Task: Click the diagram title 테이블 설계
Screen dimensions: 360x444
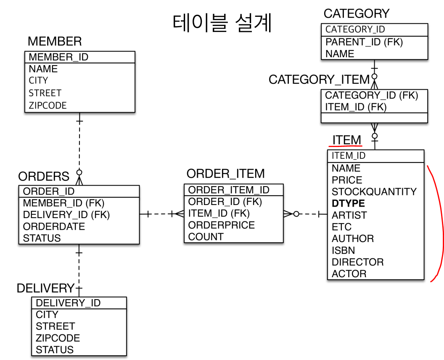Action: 222,24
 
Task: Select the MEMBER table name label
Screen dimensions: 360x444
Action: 55,41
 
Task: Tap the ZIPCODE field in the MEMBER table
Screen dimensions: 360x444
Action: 48,105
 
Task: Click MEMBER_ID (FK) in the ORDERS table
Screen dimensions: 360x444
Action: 63,203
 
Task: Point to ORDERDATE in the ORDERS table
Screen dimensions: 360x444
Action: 54,226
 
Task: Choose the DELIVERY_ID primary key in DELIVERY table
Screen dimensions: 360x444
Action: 68,303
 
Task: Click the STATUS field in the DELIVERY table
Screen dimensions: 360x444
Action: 55,349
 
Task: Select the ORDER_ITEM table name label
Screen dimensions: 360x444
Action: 225,173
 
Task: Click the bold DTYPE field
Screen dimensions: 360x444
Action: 348,203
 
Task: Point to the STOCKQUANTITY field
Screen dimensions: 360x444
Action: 374,192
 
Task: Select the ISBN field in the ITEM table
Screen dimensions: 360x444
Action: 343,250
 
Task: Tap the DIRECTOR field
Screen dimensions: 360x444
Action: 357,262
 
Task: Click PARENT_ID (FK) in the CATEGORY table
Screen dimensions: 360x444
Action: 364,42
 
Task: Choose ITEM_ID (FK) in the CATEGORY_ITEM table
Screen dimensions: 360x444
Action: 355,107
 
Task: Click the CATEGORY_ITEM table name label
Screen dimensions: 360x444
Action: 319,79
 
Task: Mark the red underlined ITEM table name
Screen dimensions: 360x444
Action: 346,140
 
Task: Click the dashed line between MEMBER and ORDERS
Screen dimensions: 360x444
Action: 79,145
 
